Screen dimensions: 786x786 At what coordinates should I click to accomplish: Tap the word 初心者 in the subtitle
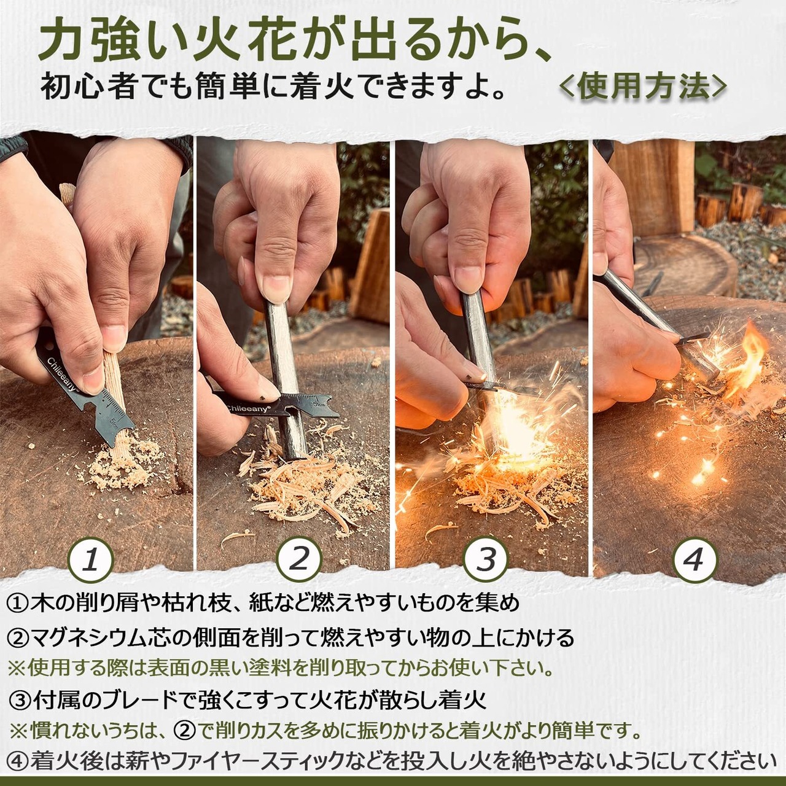coord(87,87)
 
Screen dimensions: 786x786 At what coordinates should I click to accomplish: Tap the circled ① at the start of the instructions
coord(17,603)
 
